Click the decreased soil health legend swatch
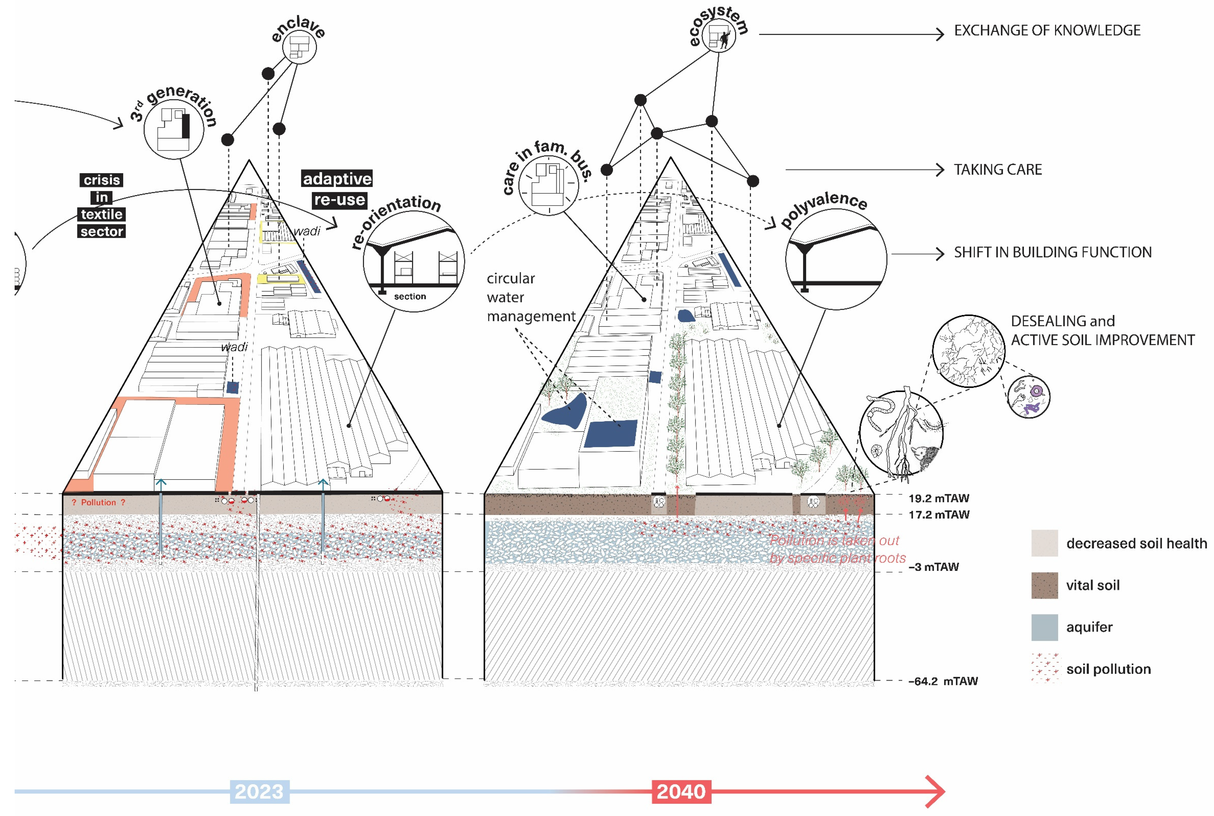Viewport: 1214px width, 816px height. (x=1044, y=543)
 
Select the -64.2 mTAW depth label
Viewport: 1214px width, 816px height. (x=943, y=681)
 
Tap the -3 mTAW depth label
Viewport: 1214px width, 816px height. (x=933, y=567)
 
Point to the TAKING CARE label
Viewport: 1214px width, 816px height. (x=997, y=170)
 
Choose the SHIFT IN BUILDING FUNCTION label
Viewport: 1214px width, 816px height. (x=1052, y=252)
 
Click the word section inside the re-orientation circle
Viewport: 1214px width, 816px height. (x=410, y=296)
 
